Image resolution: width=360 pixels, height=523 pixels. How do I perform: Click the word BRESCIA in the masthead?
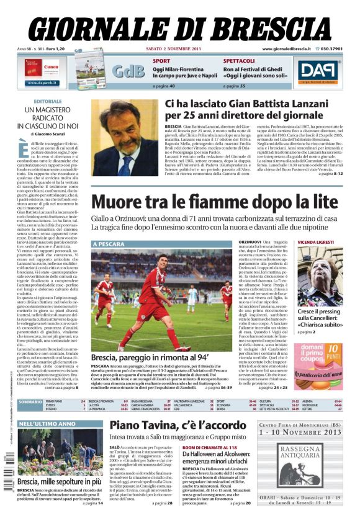click(264, 28)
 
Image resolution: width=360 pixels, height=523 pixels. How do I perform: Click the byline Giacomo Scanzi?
click(56, 133)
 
